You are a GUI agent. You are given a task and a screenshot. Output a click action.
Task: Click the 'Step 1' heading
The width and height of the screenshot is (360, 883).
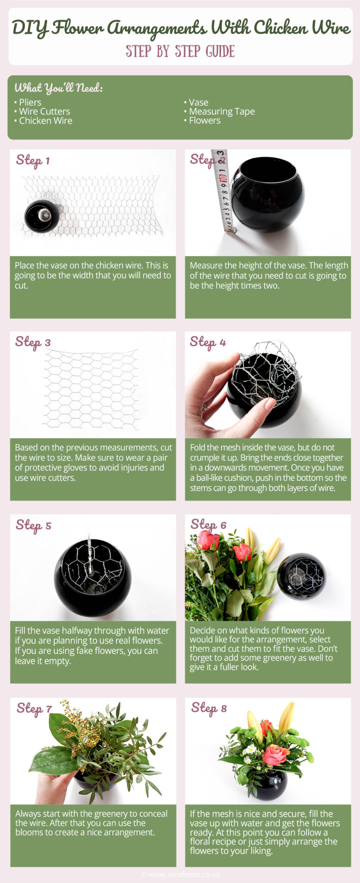pyautogui.click(x=33, y=160)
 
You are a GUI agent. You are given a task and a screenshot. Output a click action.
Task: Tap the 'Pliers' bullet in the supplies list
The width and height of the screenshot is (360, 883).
pyautogui.click(x=29, y=103)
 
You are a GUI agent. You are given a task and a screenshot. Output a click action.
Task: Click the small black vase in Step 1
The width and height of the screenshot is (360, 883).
pyautogui.click(x=41, y=216)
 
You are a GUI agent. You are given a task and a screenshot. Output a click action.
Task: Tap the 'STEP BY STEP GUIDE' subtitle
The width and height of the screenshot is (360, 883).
pyautogui.click(x=180, y=51)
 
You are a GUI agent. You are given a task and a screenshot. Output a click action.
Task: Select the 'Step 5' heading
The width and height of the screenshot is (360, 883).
pyautogui.click(x=33, y=525)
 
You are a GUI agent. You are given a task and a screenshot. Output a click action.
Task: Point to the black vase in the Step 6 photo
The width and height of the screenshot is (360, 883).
pyautogui.click(x=301, y=576)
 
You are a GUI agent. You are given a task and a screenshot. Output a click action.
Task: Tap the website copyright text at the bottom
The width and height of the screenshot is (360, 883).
pyautogui.click(x=180, y=874)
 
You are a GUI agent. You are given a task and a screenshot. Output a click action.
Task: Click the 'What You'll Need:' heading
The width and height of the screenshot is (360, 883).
pyautogui.click(x=59, y=88)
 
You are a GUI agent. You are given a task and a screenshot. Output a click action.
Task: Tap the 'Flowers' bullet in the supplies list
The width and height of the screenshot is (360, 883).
pyautogui.click(x=204, y=121)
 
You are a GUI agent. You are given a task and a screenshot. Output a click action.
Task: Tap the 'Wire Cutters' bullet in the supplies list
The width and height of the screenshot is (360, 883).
pyautogui.click(x=44, y=112)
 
